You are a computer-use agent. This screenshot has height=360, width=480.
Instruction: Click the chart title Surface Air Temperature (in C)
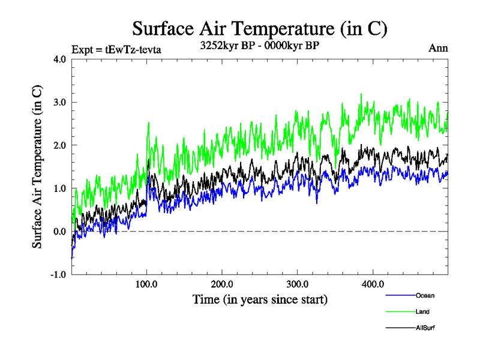click(x=259, y=28)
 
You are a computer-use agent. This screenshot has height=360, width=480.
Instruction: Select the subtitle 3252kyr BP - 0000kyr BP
click(x=260, y=45)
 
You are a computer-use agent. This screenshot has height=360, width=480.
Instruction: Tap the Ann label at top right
click(x=438, y=49)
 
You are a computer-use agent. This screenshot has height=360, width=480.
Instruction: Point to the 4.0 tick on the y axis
click(x=60, y=59)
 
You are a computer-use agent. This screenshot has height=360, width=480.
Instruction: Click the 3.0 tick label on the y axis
click(x=60, y=102)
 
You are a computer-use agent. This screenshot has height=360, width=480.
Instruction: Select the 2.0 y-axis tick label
click(x=60, y=145)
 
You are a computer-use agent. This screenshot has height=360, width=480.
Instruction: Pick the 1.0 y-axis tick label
click(x=60, y=188)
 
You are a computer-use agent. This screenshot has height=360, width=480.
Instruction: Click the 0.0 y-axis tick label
click(x=60, y=232)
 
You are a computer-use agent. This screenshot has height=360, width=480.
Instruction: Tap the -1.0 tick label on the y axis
click(x=59, y=275)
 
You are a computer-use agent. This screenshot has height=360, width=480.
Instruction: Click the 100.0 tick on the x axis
click(x=146, y=284)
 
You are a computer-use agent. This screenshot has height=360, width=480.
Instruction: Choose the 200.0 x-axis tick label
click(x=222, y=284)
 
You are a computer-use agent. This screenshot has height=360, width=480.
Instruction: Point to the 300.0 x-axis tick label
click(x=298, y=284)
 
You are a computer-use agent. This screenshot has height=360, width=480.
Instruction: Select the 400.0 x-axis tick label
click(x=373, y=284)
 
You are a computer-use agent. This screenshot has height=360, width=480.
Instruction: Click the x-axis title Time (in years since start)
click(x=260, y=299)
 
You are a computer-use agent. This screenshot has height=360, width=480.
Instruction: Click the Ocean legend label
click(x=425, y=296)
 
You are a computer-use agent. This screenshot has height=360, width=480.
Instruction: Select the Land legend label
click(x=422, y=312)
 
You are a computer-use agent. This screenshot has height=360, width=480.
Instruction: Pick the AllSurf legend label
click(x=425, y=328)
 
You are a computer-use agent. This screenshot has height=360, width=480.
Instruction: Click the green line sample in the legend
click(x=399, y=312)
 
